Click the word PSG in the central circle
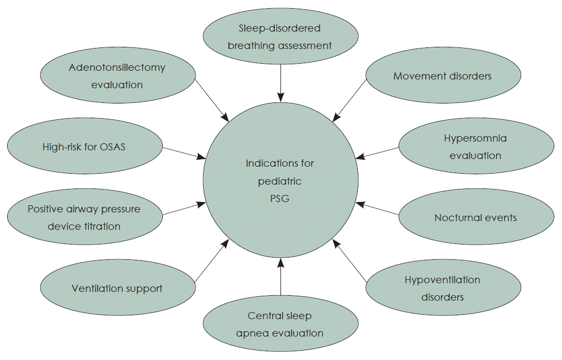click(x=280, y=199)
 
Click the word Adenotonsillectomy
click(x=117, y=68)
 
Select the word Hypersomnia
click(x=475, y=138)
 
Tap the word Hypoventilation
click(x=442, y=280)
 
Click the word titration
click(x=100, y=226)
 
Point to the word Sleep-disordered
click(x=280, y=28)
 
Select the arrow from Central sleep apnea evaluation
click(x=280, y=277)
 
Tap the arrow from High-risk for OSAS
click(x=184, y=153)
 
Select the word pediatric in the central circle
click(x=280, y=181)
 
